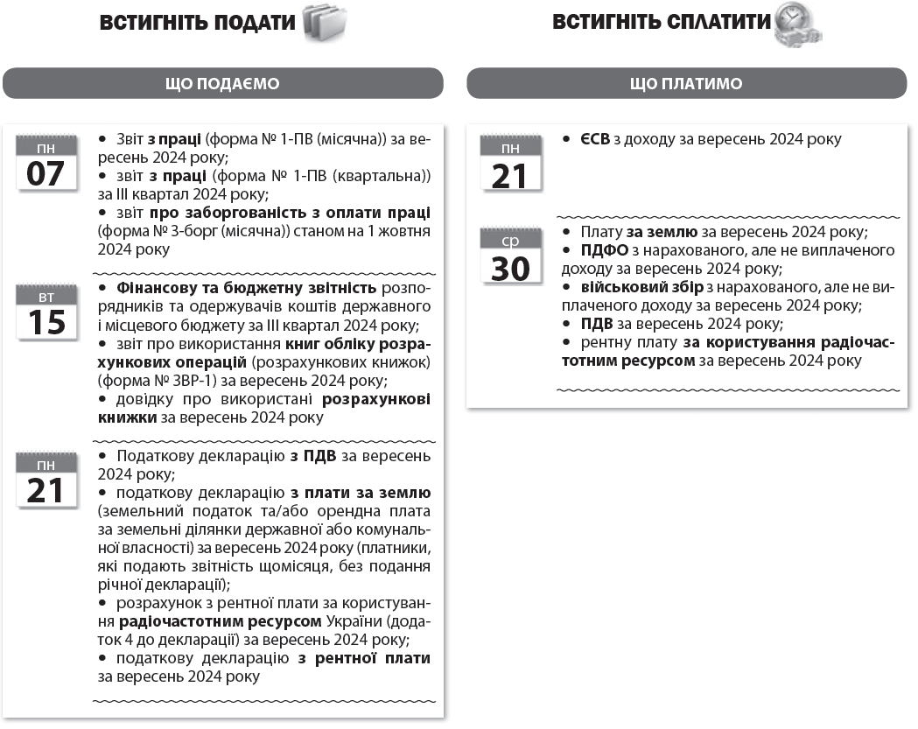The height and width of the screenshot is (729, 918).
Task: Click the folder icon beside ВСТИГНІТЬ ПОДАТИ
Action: tap(324, 24)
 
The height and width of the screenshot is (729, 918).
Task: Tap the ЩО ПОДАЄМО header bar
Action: tap(222, 84)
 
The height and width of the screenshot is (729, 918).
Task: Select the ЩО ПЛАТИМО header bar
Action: tap(686, 84)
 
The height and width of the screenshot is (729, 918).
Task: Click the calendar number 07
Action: tap(46, 173)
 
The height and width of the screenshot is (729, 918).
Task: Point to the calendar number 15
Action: tap(46, 322)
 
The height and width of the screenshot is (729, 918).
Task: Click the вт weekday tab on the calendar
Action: tap(46, 298)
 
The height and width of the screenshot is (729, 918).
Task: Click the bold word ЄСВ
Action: tap(595, 140)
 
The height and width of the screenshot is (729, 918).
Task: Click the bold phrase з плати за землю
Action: tap(361, 494)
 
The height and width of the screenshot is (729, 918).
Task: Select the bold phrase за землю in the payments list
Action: tap(662, 233)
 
